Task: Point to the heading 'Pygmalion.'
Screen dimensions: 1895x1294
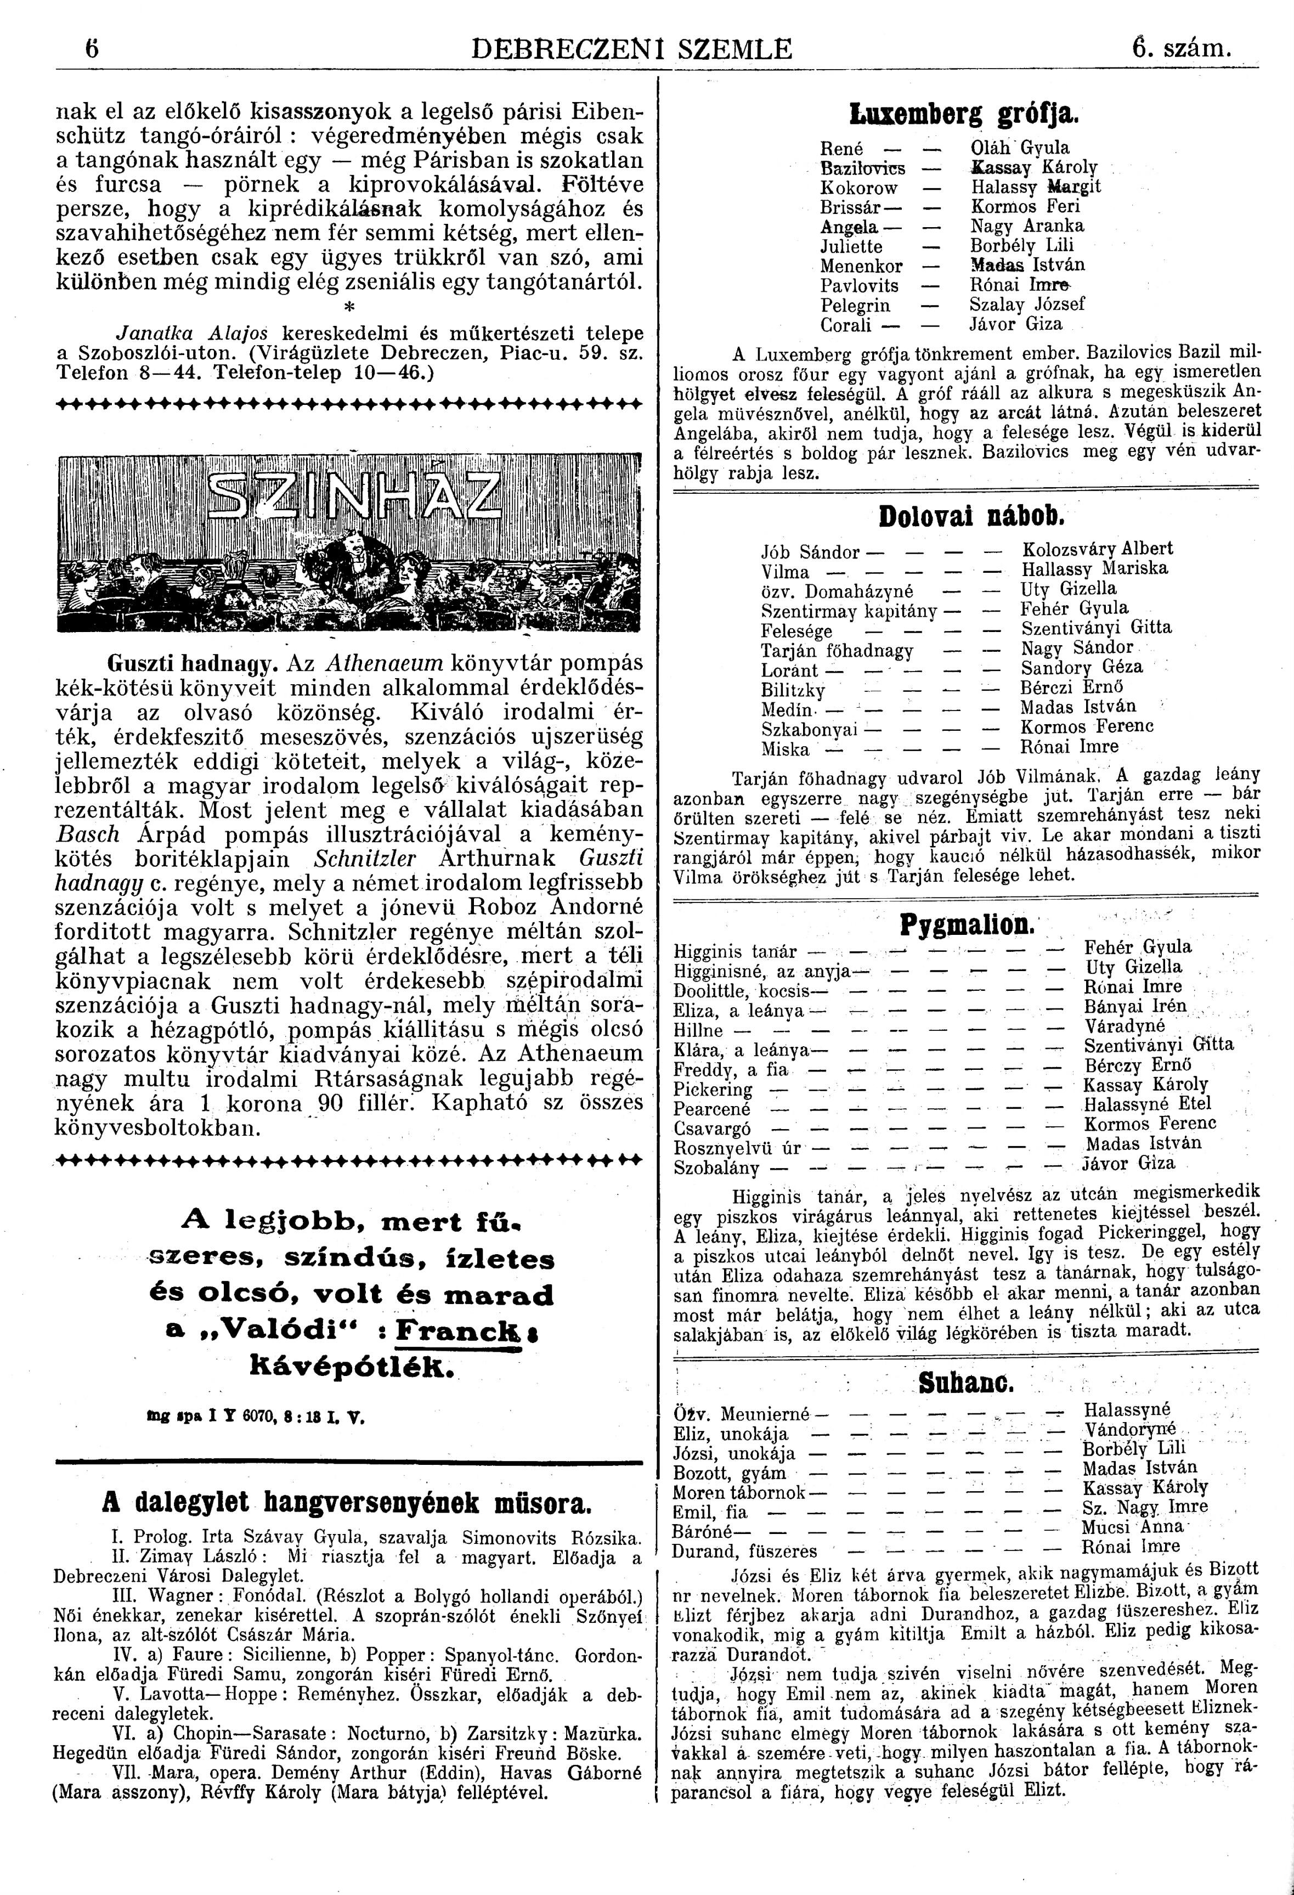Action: point(966,924)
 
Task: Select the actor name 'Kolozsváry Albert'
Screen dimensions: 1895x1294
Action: point(1097,549)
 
